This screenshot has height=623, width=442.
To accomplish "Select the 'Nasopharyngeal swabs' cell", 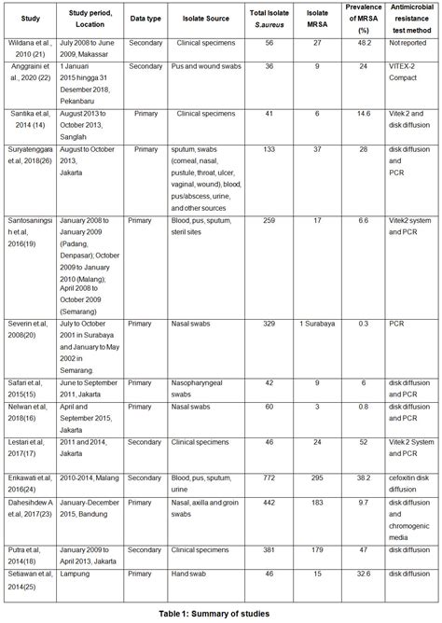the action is (x=199, y=386).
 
